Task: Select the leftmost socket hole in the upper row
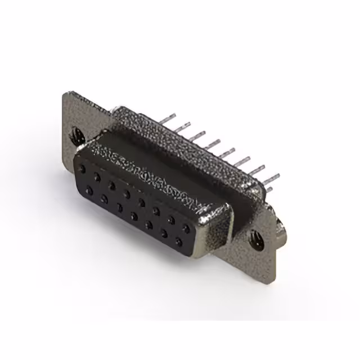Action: pos(83,167)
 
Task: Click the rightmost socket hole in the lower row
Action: pos(178,242)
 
